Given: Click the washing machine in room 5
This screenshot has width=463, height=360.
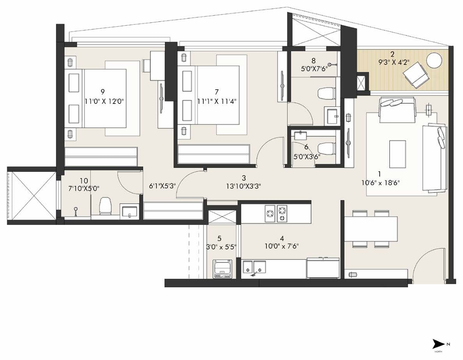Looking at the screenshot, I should click(x=223, y=269).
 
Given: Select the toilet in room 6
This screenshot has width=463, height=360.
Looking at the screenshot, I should click(x=326, y=148).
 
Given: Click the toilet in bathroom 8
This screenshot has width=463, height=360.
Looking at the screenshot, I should click(x=326, y=94).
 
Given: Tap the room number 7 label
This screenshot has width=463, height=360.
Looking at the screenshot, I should click(x=216, y=92).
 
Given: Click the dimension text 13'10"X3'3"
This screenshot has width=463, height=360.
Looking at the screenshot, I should click(x=244, y=186).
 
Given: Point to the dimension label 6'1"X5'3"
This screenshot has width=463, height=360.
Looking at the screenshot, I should click(x=162, y=186).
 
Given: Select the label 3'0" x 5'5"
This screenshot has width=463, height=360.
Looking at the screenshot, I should click(x=222, y=246).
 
